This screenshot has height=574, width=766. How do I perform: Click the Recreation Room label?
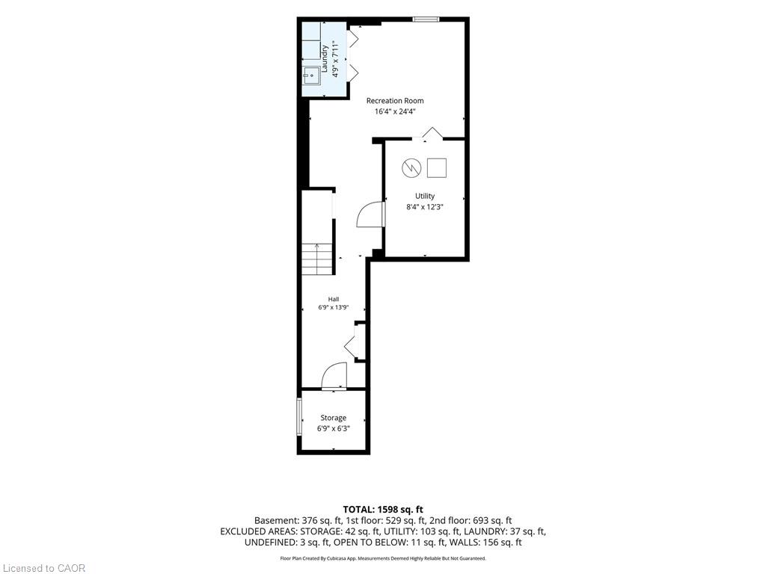click(x=395, y=101)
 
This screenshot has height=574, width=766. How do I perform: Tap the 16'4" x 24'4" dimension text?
click(x=395, y=111)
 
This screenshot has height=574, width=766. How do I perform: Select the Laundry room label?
click(x=325, y=59)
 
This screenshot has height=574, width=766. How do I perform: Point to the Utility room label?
click(x=425, y=196)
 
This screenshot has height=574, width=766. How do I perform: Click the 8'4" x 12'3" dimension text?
click(x=425, y=206)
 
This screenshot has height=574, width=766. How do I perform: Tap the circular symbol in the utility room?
click(x=411, y=168)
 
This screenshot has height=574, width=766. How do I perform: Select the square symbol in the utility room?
click(x=437, y=168)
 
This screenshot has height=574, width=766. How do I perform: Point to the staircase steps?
click(x=317, y=259)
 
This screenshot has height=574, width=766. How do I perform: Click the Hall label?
click(x=334, y=299)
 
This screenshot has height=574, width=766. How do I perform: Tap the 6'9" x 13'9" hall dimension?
click(x=334, y=307)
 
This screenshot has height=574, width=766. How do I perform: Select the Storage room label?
click(x=333, y=418)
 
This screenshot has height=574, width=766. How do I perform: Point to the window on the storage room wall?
click(x=299, y=417)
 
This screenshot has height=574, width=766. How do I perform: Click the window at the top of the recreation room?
click(x=426, y=19)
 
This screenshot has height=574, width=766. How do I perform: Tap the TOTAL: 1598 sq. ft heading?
click(x=383, y=510)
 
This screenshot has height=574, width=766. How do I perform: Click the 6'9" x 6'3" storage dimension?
click(x=334, y=428)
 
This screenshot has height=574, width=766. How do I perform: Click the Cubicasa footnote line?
click(x=383, y=558)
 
